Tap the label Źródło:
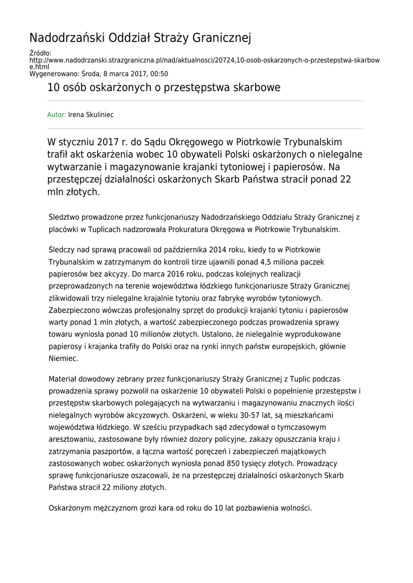pos(40,54)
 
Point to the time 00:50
pos(160,74)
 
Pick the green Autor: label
pos(56,115)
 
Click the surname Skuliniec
pos(99,115)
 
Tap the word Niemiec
pos(63,359)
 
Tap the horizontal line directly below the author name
pos(205,128)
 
